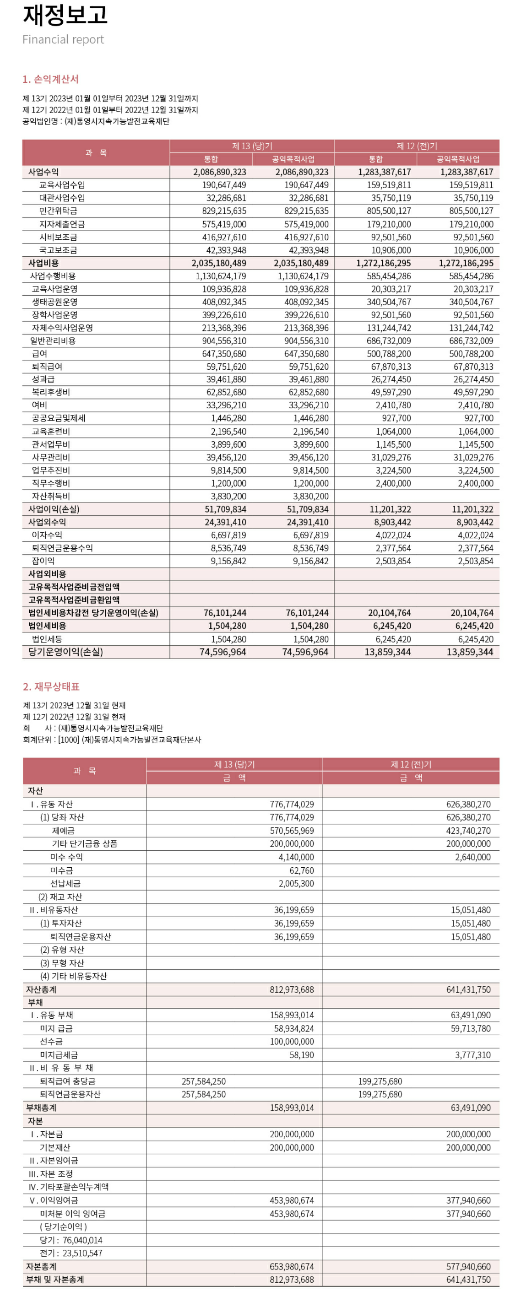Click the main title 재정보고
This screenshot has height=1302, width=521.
[65, 15]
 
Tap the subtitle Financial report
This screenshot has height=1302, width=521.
[63, 39]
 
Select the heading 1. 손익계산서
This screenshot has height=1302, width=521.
[50, 79]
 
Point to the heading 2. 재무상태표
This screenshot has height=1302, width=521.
[51, 686]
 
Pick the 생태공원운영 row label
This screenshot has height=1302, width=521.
[54, 302]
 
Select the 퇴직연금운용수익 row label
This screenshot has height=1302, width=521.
[62, 548]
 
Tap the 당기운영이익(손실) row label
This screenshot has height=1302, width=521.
[65, 652]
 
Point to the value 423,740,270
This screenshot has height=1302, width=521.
[468, 831]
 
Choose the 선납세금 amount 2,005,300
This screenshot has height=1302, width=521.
[296, 884]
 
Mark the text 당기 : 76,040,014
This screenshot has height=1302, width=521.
[71, 1240]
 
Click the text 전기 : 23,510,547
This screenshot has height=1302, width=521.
[71, 1253]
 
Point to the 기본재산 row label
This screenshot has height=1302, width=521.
[54, 1147]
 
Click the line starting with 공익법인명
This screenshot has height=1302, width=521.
[96, 121]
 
